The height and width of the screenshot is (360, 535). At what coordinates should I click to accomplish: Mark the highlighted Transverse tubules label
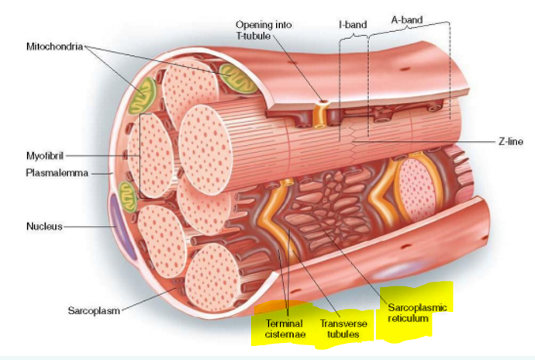340,328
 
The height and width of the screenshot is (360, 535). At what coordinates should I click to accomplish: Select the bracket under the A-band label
408,31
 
